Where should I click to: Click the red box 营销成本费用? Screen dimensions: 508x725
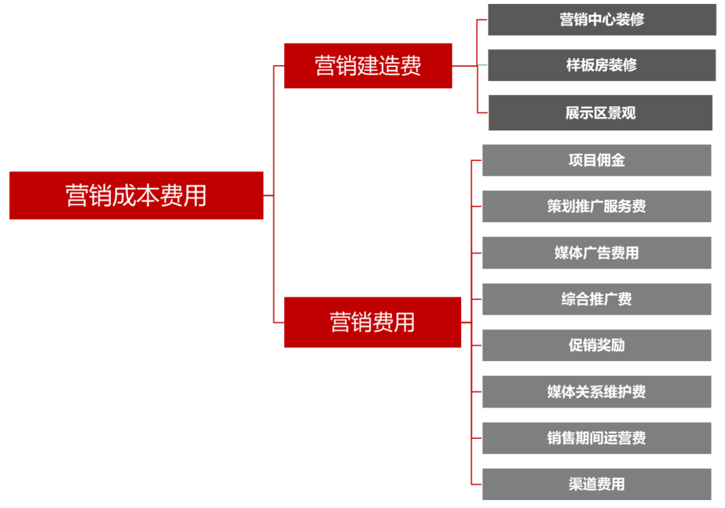click(x=136, y=195)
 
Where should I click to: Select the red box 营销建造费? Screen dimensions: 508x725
click(x=368, y=65)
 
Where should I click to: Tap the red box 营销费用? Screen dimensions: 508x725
click(x=373, y=322)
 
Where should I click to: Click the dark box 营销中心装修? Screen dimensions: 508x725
click(x=601, y=19)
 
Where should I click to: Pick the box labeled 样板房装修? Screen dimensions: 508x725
click(x=601, y=65)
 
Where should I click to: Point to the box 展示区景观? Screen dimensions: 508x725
click(x=600, y=113)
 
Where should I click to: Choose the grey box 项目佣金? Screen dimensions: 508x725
click(x=597, y=160)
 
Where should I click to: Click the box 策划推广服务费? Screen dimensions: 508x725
click(x=597, y=207)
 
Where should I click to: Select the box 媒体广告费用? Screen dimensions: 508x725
click(x=597, y=253)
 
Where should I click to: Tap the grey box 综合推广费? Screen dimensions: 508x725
click(x=597, y=299)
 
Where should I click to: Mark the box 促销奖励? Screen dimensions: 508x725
click(x=597, y=346)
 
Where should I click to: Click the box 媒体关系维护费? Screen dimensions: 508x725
click(x=597, y=392)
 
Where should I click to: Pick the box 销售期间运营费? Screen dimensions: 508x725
click(x=597, y=438)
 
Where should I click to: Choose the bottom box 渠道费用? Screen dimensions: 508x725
click(x=597, y=485)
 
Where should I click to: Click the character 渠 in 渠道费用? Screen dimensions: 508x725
click(x=576, y=485)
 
